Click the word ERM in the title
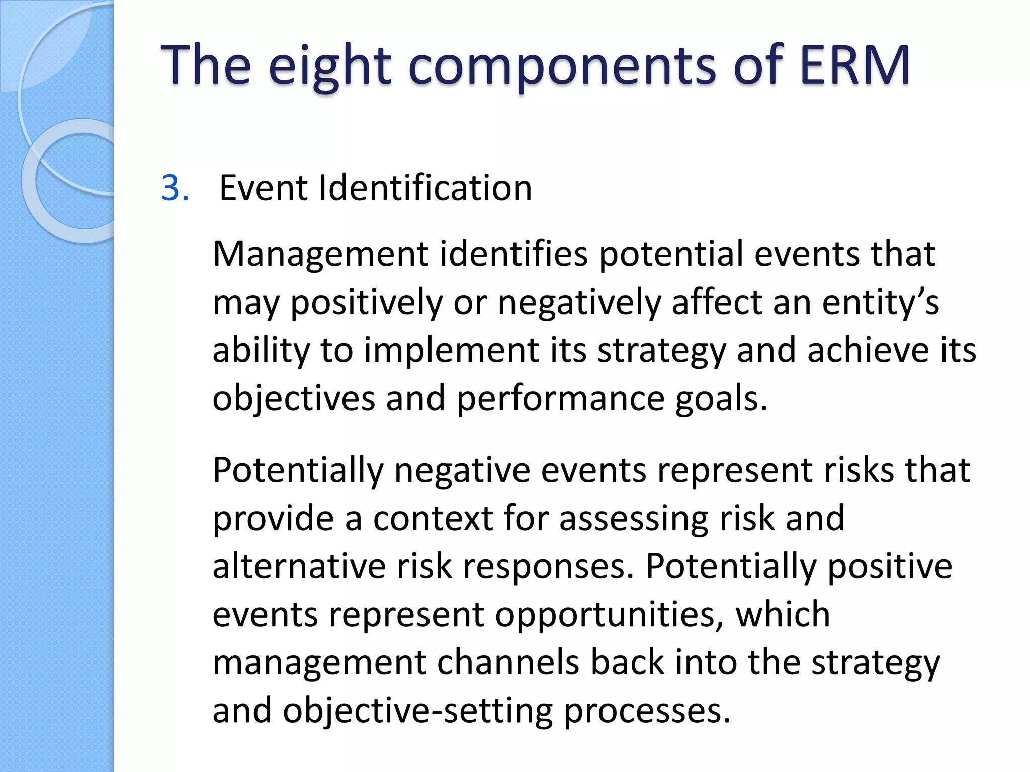pyautogui.click(x=854, y=65)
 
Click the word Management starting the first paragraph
pyautogui.click(x=320, y=254)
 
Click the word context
pyautogui.click(x=433, y=518)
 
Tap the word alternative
pyautogui.click(x=299, y=566)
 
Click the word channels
pyautogui.click(x=508, y=662)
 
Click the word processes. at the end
pyautogui.click(x=646, y=711)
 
